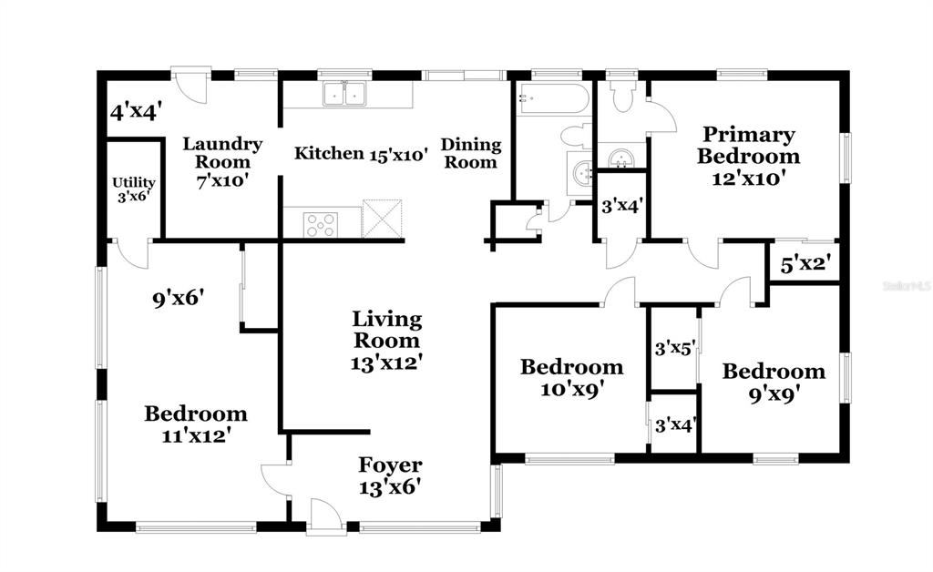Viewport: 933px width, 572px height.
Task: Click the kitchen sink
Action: (x=344, y=94)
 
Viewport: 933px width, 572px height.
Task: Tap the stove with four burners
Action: (x=320, y=225)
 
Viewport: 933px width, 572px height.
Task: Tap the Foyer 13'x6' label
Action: (x=390, y=475)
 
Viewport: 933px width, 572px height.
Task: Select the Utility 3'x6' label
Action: (x=133, y=189)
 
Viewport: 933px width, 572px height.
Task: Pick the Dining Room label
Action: (x=471, y=153)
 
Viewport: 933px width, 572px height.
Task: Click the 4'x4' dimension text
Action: (x=137, y=111)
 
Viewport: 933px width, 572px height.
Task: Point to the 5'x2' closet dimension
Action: (x=805, y=264)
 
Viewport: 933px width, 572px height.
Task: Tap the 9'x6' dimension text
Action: (x=179, y=298)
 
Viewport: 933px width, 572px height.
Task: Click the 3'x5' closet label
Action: (x=675, y=349)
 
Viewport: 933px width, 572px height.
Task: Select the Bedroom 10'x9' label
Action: (x=572, y=378)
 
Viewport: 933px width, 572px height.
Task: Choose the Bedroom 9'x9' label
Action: (x=774, y=383)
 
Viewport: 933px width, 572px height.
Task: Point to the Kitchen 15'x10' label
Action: (x=361, y=154)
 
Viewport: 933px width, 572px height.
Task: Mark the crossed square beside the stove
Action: (x=382, y=219)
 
